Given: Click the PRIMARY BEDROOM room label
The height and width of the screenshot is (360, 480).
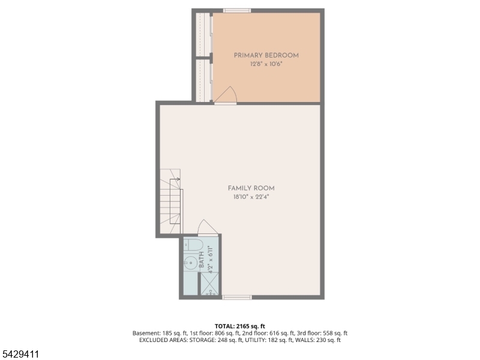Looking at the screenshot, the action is [x=266, y=55].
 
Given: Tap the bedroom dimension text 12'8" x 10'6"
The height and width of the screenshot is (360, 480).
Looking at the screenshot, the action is [x=266, y=64].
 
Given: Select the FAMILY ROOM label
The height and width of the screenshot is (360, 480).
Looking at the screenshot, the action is [x=251, y=188].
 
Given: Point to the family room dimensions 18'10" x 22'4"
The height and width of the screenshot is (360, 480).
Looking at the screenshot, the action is [x=251, y=197].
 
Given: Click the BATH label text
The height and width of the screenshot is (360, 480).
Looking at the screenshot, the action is [x=202, y=260].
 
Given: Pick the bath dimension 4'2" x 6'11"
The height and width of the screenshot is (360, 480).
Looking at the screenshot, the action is [x=211, y=260].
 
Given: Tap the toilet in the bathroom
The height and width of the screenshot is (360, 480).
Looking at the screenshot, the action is [x=193, y=245].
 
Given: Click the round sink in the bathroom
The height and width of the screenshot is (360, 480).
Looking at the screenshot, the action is [x=190, y=263].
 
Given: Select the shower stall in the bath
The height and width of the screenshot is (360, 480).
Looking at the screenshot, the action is [x=209, y=284].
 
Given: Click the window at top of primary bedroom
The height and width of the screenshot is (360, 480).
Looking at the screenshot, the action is [x=237, y=11].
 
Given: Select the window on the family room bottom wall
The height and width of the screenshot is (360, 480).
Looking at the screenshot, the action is [x=236, y=297].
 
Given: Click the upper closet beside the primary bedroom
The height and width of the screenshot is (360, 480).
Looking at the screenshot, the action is [x=202, y=34].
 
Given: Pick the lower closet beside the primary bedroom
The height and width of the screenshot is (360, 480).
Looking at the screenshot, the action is [x=202, y=80].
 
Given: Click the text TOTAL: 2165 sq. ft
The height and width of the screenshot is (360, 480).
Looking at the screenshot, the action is [x=239, y=326].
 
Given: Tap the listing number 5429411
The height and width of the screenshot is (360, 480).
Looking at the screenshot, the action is [x=20, y=355].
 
